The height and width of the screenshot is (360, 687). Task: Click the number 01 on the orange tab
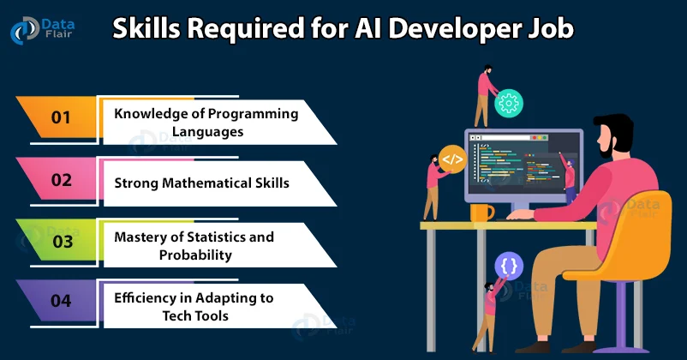(x=61, y=117)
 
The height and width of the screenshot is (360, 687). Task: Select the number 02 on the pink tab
(x=61, y=181)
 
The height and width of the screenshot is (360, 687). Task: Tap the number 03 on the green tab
(x=63, y=242)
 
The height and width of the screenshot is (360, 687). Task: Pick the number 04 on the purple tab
(x=63, y=301)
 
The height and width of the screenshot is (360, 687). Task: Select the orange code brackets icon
(x=451, y=159)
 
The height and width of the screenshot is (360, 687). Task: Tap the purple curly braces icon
(x=508, y=266)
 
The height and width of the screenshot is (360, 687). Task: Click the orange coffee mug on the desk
(x=481, y=212)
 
